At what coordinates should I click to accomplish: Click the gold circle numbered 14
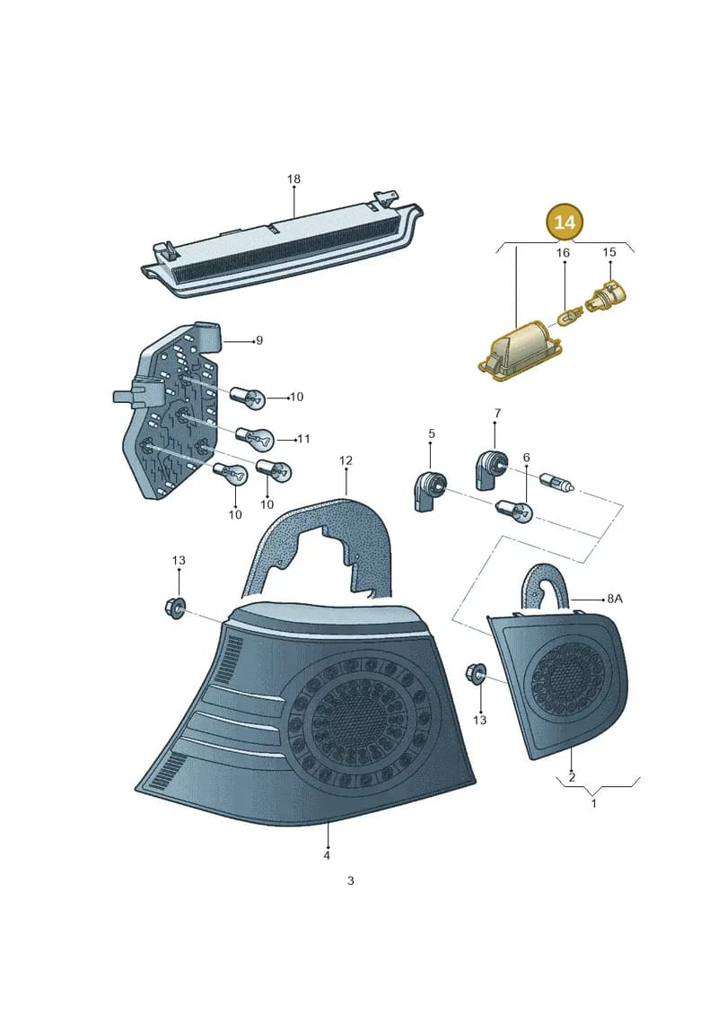[x=564, y=222]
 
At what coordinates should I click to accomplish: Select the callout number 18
[x=293, y=179]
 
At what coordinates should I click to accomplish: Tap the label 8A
[x=615, y=599]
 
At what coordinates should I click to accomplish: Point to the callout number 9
[x=259, y=340]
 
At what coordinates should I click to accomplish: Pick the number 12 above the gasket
[x=346, y=460]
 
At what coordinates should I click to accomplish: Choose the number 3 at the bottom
[x=350, y=880]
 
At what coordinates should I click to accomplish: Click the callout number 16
[x=564, y=252]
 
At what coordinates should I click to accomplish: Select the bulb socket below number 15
[x=608, y=296]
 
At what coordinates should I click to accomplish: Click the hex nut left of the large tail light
[x=174, y=608]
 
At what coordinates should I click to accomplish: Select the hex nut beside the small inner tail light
[x=477, y=675]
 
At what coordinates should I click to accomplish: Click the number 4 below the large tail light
[x=328, y=855]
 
